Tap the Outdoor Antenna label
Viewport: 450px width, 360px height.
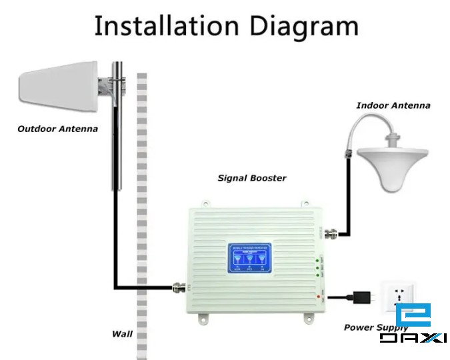coord(57,129)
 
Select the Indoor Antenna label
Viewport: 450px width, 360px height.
coord(393,105)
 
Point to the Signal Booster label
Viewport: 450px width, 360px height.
coord(252,178)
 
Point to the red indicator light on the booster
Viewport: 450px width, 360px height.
coord(321,295)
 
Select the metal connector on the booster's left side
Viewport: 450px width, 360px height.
coord(179,288)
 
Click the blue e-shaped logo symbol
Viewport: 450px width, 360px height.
coord(413,317)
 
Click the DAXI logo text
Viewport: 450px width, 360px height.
coord(413,339)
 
